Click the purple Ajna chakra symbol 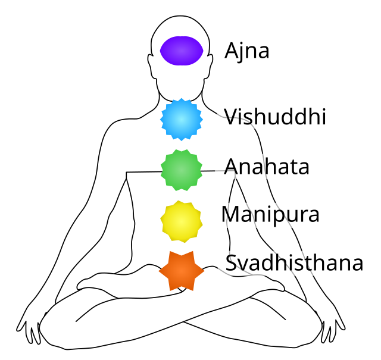pyautogui.click(x=182, y=51)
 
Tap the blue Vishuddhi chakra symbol pyautogui.click(x=182, y=119)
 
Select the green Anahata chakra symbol pyautogui.click(x=182, y=170)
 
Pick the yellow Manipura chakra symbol pyautogui.click(x=182, y=221)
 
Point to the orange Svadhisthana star pyautogui.click(x=182, y=271)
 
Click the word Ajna pyautogui.click(x=247, y=51)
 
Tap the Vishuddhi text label pyautogui.click(x=275, y=117)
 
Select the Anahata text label pyautogui.click(x=267, y=167)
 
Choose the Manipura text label pyautogui.click(x=270, y=214)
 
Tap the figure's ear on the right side pyautogui.click(x=209, y=65)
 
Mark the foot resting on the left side pyautogui.click(x=97, y=282)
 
